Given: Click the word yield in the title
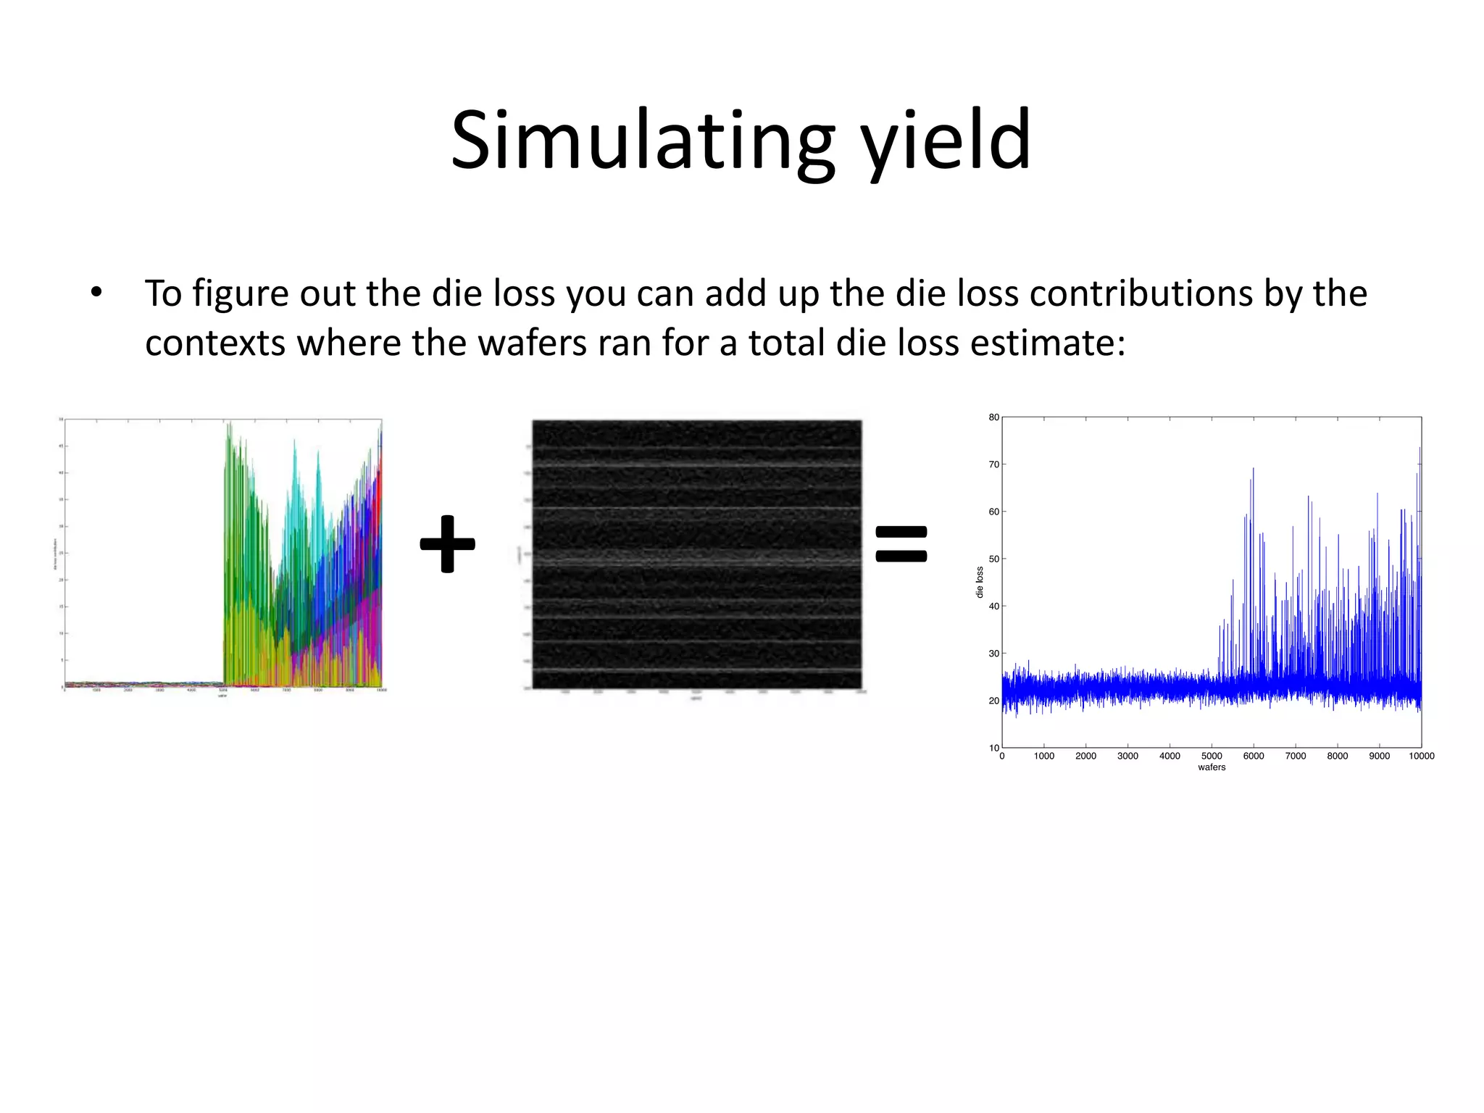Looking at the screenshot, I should (946, 141).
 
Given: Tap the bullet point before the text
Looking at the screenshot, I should (96, 293).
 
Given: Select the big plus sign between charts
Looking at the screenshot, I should (447, 543).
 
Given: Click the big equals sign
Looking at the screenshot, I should (901, 543).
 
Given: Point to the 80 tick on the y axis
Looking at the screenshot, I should (993, 417).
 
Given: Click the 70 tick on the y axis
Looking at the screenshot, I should (993, 464).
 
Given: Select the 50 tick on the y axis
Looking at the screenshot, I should (993, 559).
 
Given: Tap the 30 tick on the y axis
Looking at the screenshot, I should (993, 654).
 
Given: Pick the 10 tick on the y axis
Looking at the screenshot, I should (993, 747).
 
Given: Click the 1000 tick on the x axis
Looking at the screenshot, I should (1043, 756).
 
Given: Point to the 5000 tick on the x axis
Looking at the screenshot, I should (1212, 756).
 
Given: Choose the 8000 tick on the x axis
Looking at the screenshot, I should (1337, 756).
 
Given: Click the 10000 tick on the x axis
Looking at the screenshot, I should (1421, 756).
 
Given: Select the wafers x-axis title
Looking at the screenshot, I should (1212, 767).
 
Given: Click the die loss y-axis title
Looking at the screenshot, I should (980, 582).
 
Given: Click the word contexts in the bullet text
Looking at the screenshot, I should (214, 343).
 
